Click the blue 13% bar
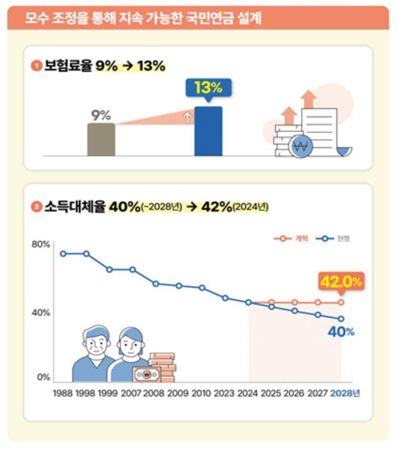coord(208,132)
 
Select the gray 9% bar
coord(101,139)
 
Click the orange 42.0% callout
coord(341,282)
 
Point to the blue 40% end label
coord(341,332)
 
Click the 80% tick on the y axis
coord(41,244)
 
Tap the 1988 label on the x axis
coord(63,393)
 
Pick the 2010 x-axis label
coord(202,393)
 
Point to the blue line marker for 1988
coord(63,254)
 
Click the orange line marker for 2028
coord(341,303)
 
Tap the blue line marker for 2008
coord(156,284)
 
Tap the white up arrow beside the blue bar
coord(186,116)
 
